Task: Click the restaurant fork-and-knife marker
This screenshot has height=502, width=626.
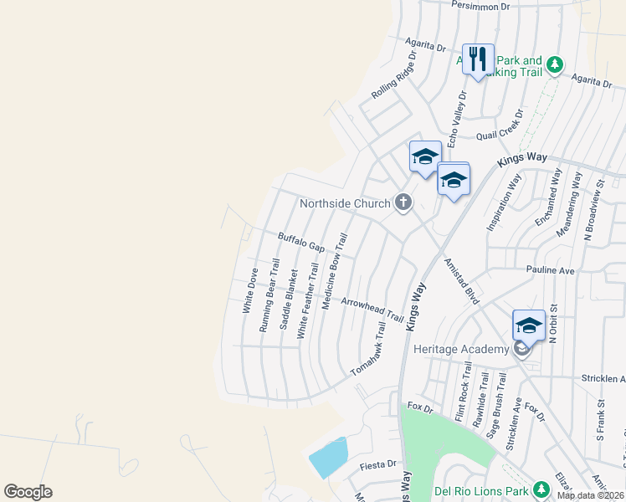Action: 478,59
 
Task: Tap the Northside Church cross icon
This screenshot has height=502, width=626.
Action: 404,202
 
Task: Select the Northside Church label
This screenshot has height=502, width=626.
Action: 346,203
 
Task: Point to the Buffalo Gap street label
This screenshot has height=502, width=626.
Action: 301,243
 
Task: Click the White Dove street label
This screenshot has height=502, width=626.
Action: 249,290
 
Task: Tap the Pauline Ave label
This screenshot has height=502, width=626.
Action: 550,270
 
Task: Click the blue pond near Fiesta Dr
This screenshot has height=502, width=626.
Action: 328,457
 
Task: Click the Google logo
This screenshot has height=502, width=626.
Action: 28,492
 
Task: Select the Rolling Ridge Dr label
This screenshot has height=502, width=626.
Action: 394,77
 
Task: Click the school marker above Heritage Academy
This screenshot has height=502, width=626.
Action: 529,325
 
